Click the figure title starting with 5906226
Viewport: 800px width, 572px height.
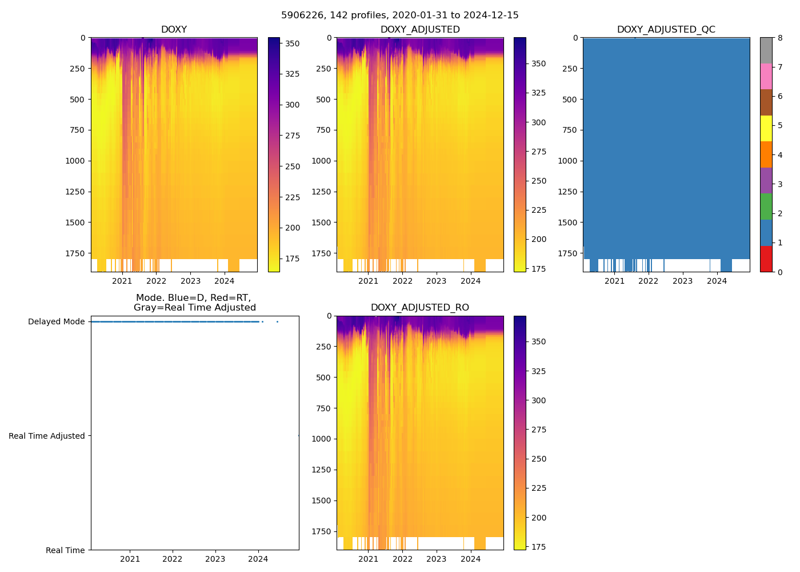point(399,15)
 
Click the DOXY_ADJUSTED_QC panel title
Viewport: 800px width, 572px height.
point(666,30)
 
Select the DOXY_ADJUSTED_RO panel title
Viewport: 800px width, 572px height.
point(419,308)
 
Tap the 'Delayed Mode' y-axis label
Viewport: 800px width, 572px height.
point(56,321)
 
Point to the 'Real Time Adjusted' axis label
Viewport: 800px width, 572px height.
point(47,436)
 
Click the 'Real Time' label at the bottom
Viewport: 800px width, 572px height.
point(65,550)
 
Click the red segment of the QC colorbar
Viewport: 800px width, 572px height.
point(766,259)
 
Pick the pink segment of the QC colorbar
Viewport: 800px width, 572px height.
point(766,76)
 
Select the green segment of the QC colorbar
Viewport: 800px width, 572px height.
point(766,206)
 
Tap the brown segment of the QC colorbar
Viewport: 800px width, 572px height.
point(766,102)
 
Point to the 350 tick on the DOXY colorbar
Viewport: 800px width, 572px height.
point(293,43)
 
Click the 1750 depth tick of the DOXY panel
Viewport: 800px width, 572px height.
point(75,253)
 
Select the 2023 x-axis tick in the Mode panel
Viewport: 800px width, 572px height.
point(215,559)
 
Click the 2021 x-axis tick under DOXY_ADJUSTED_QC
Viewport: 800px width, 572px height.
point(614,281)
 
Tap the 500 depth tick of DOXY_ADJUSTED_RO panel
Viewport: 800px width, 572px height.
point(323,378)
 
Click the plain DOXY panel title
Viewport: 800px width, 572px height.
point(174,30)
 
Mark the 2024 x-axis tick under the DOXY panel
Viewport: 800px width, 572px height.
point(225,281)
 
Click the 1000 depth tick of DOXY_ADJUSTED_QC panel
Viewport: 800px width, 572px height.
point(567,161)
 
